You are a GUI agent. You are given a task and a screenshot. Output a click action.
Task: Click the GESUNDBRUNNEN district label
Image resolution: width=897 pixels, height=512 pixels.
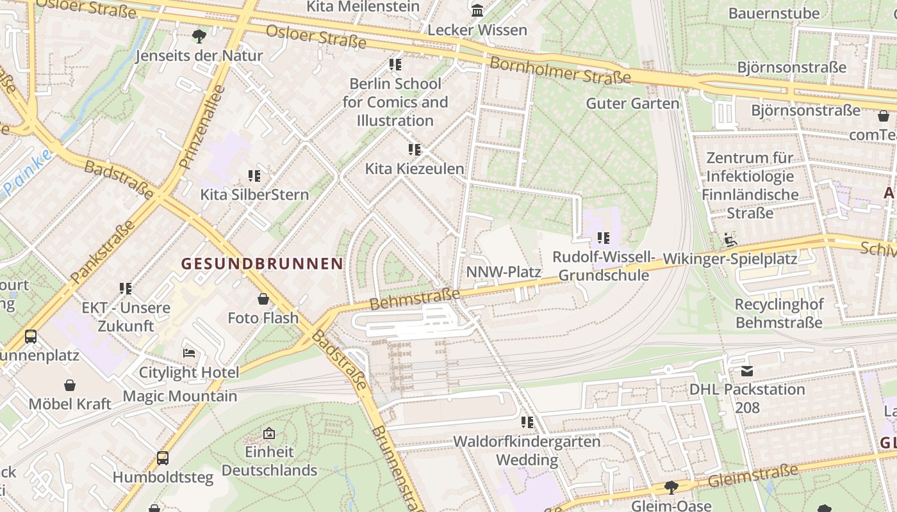262,264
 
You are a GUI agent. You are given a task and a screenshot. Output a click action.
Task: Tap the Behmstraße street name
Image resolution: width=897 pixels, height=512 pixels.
415,299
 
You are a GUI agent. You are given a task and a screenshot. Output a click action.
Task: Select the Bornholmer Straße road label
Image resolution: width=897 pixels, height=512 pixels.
559,70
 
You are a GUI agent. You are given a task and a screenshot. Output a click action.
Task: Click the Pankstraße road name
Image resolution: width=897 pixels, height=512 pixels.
102,252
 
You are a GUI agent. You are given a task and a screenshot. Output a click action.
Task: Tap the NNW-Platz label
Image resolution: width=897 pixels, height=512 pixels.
504,272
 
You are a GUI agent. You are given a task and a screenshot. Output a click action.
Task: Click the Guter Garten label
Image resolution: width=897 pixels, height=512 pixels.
632,103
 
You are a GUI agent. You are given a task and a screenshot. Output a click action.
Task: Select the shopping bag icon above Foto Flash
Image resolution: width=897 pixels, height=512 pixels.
263,299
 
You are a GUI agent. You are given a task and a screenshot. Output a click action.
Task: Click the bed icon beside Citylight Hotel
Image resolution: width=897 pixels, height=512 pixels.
189,353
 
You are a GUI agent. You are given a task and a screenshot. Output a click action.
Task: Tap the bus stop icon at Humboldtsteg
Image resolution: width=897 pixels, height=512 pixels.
163,458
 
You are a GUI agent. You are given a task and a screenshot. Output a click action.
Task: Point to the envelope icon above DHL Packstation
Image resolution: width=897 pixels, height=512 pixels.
746,371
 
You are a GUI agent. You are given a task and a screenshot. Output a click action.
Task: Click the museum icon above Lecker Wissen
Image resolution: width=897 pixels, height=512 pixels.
477,11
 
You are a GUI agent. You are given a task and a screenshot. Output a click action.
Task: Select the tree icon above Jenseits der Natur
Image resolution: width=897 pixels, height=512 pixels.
199,36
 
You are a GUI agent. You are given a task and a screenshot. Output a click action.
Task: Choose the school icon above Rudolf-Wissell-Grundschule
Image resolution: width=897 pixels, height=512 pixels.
603,238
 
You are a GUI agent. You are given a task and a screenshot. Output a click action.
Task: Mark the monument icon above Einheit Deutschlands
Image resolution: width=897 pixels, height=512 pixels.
269,433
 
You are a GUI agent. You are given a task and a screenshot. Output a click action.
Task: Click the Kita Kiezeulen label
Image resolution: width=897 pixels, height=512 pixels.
415,169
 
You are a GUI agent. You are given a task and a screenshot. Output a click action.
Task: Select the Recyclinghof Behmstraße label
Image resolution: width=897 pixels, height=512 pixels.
778,313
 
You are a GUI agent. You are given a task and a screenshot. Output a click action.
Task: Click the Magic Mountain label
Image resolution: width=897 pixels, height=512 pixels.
180,396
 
